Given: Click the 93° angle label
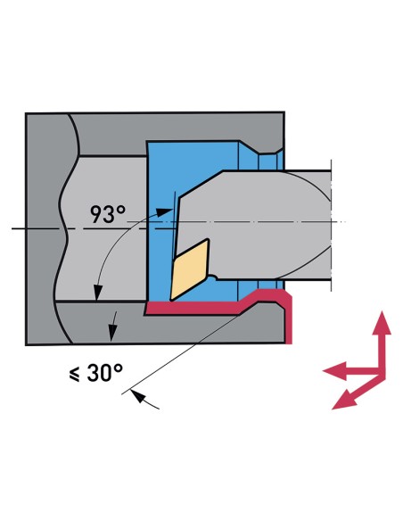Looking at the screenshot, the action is coord(108,214).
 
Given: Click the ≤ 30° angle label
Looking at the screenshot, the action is coord(95,373).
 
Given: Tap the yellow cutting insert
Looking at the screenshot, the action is coord(190,269).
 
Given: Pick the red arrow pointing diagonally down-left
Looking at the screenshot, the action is coord(357,393).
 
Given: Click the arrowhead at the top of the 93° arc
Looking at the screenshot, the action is coord(165,212).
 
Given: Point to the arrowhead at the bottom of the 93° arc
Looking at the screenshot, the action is coord(97,293).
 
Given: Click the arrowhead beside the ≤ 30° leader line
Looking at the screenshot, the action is coord(139,396).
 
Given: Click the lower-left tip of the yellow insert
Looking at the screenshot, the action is coord(170,300).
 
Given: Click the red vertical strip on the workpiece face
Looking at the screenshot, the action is coord(288,318).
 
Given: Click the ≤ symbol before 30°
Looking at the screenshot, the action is coord(74,375).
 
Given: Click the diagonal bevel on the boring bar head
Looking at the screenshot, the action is coord(201,184).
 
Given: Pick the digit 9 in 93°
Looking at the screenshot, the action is coord(96,215).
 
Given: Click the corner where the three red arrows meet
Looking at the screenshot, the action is coord(382,372).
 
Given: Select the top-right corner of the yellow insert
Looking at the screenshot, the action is coord(208,239).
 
